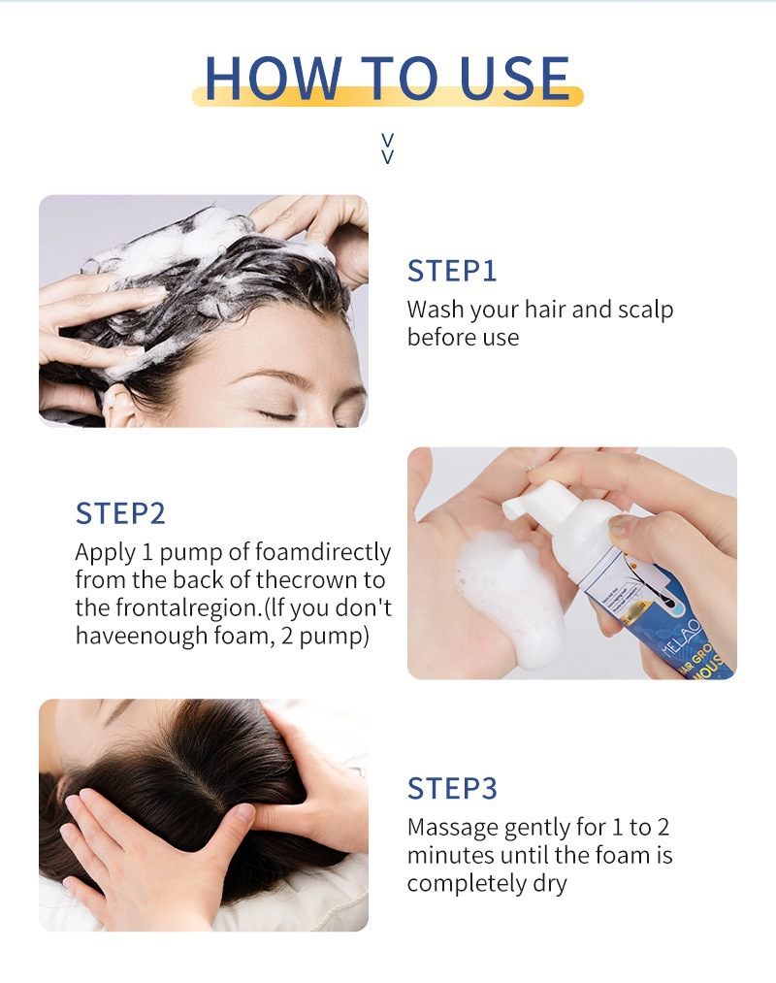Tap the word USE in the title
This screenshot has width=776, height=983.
(x=515, y=78)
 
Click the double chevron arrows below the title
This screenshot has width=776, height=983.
(x=388, y=148)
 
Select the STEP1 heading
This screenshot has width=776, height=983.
(x=452, y=271)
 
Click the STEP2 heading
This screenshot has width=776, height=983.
(x=120, y=513)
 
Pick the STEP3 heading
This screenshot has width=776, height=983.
(x=452, y=788)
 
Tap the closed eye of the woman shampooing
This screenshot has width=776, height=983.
(x=277, y=415)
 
